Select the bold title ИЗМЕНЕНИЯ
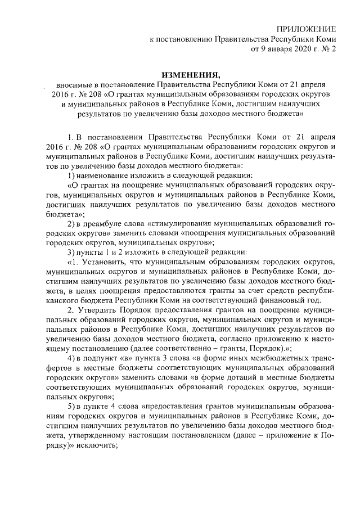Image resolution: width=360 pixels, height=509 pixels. pos(189,75)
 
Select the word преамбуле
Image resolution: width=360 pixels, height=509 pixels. pos(100,224)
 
